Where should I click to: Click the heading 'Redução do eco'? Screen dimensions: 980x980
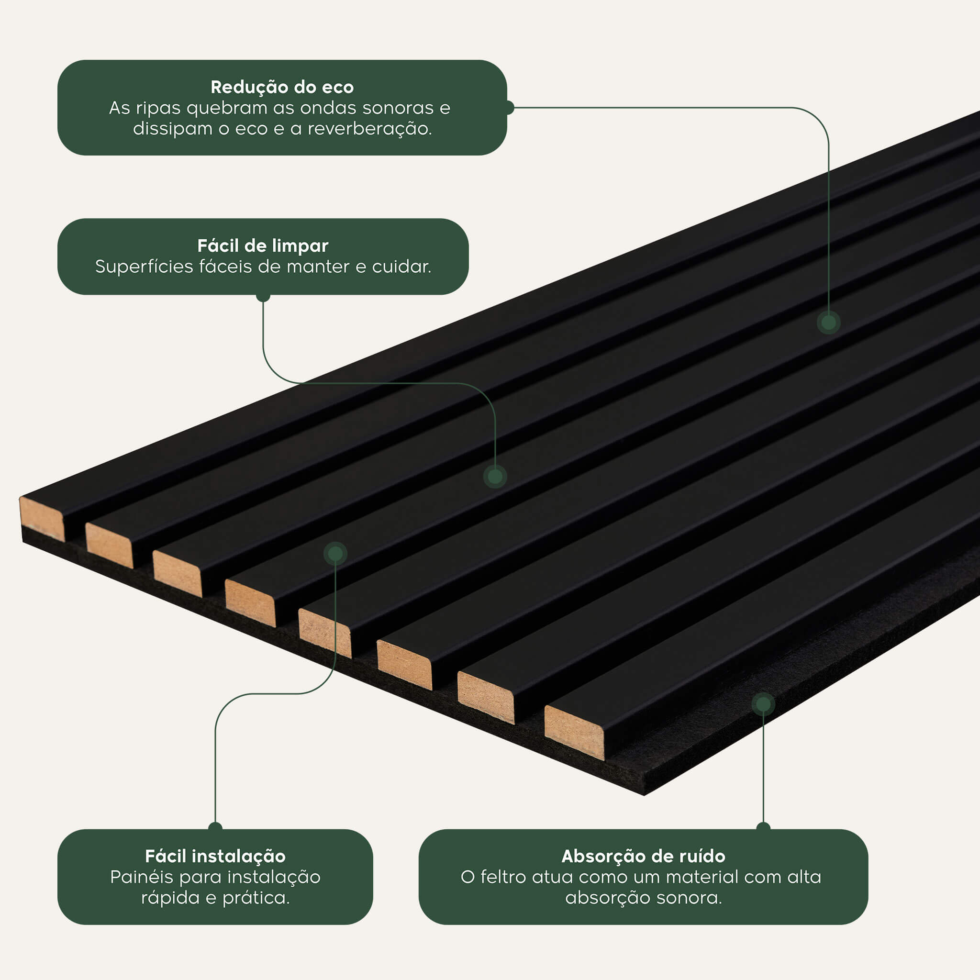(282, 87)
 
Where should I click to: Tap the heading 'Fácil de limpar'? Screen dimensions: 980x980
(263, 246)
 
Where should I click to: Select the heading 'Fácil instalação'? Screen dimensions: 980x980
(215, 857)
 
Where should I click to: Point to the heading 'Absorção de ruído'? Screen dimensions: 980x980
(643, 857)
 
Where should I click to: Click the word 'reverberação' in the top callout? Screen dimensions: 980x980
(369, 129)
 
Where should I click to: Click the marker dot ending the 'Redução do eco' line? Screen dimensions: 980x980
(828, 322)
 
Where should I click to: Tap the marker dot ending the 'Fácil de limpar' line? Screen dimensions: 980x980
(495, 476)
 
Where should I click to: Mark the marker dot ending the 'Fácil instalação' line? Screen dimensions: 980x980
(335, 554)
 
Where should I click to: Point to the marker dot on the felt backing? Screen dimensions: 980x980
(763, 704)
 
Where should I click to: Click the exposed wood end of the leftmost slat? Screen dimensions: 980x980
(42, 518)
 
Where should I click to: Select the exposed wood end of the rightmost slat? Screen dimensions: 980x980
(574, 733)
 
